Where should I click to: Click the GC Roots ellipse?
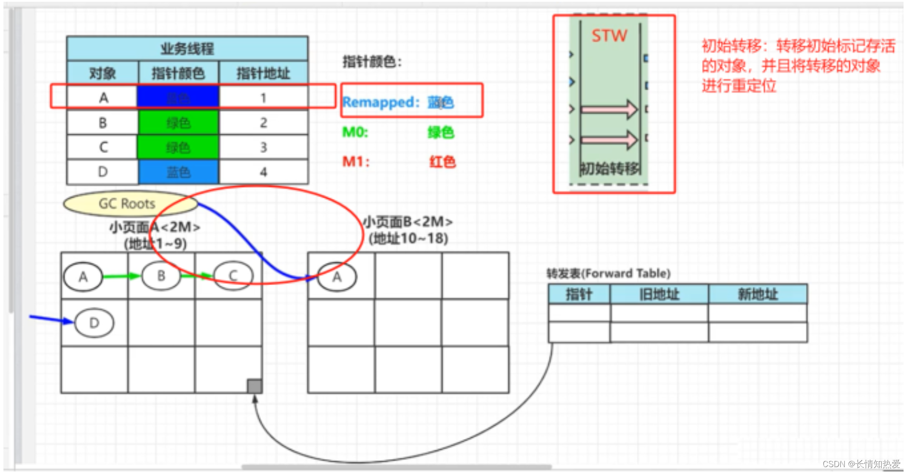tap(129, 203)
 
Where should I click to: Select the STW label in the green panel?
tap(609, 36)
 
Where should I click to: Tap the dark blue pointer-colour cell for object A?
tap(178, 97)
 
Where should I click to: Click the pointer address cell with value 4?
tap(263, 172)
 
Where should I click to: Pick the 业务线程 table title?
tap(187, 49)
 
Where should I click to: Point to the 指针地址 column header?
tap(263, 73)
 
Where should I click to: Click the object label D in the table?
tap(103, 172)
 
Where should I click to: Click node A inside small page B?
tap(337, 276)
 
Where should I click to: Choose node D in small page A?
tap(94, 323)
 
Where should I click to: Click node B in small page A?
tap(161, 276)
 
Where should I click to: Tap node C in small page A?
tap(233, 276)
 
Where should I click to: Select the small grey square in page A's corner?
tap(254, 386)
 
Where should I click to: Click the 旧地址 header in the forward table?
tap(659, 295)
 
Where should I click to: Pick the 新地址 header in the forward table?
tap(758, 295)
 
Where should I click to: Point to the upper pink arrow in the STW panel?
tap(609, 109)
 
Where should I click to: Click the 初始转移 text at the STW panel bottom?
tap(610, 169)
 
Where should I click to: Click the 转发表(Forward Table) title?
tap(608, 273)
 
